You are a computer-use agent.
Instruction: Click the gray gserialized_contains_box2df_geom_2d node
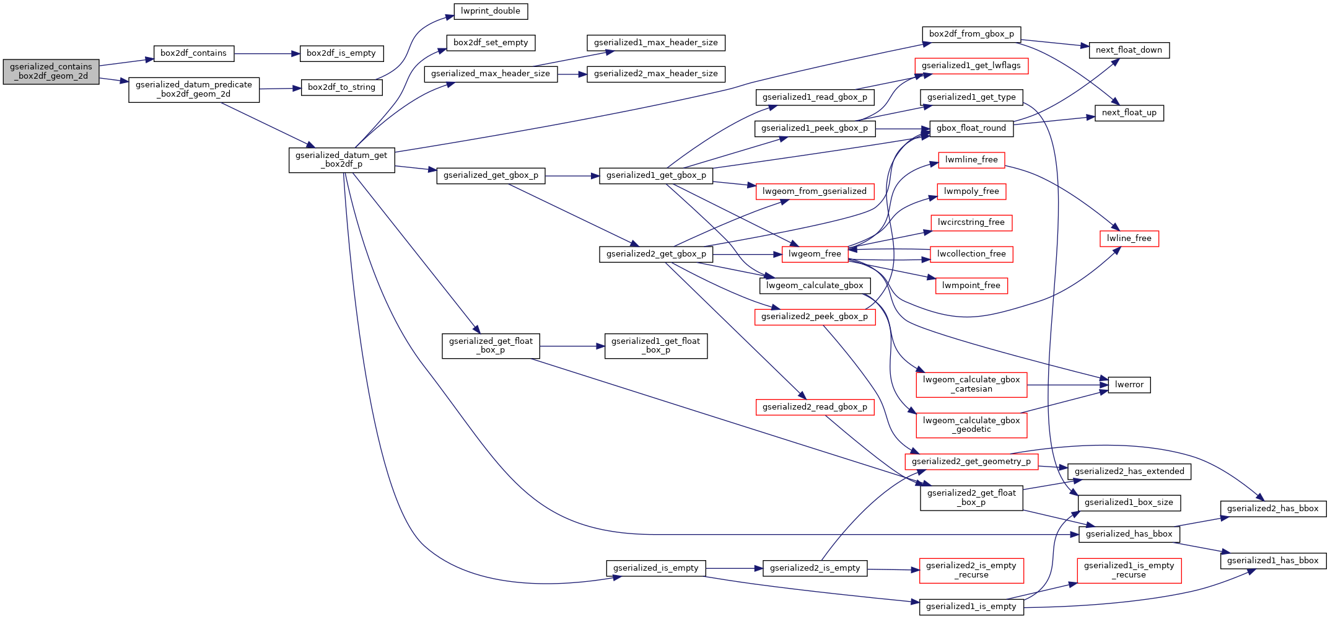click(x=51, y=71)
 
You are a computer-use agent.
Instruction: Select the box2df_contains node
click(x=193, y=53)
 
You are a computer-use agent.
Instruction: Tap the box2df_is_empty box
click(x=341, y=53)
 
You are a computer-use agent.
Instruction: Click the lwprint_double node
click(x=490, y=11)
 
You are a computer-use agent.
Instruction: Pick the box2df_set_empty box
click(x=490, y=43)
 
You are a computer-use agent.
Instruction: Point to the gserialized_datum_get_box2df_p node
click(x=341, y=160)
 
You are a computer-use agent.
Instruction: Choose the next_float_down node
click(x=1129, y=50)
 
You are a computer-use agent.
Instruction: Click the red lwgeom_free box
click(x=815, y=254)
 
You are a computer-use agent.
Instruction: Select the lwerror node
click(x=1129, y=385)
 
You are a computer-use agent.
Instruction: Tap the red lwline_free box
click(x=1129, y=239)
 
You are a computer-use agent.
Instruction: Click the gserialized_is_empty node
click(x=655, y=568)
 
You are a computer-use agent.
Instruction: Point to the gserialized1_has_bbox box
click(x=1272, y=561)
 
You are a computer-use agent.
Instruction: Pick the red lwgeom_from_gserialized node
click(x=814, y=191)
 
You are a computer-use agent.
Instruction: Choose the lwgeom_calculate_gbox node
click(x=814, y=286)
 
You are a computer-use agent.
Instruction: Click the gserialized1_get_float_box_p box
click(x=655, y=346)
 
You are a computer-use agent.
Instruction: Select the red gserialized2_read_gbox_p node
click(x=814, y=407)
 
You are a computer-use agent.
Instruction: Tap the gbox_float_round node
click(x=971, y=128)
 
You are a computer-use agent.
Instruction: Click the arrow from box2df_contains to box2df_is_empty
click(x=266, y=54)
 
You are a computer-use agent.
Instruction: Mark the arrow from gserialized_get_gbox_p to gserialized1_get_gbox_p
click(x=572, y=176)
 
